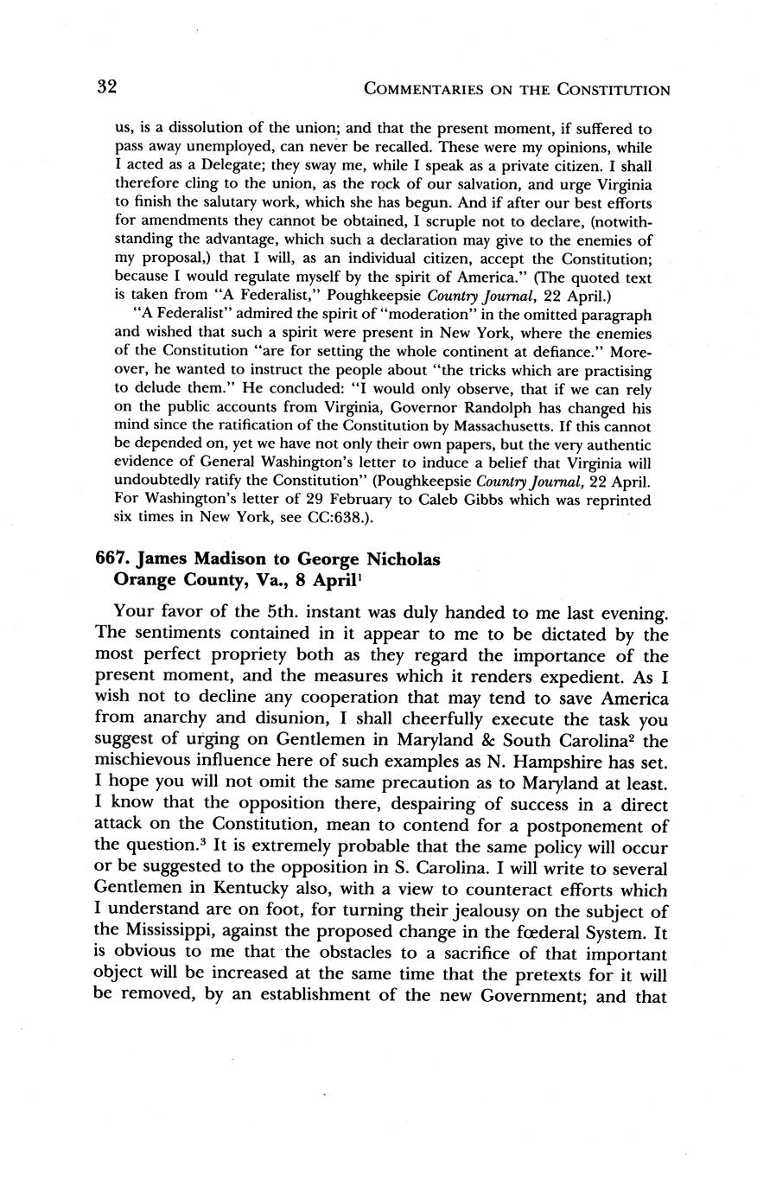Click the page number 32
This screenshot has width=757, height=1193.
[x=106, y=86]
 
